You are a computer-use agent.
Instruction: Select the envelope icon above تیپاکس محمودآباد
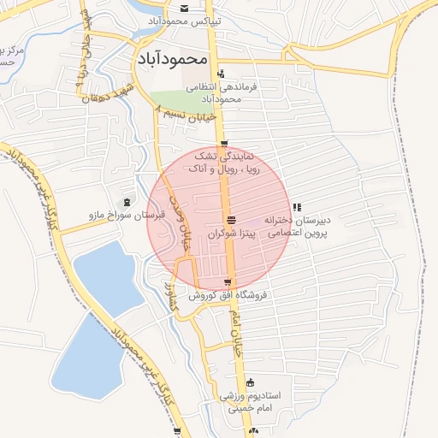point(185,7)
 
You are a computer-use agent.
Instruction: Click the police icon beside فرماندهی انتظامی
point(221,74)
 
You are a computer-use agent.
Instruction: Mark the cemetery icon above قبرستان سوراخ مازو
point(127,202)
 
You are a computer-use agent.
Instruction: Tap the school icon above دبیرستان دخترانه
point(296,207)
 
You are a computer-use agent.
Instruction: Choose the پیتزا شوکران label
point(232,234)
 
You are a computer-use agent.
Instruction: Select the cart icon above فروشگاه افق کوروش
point(227,281)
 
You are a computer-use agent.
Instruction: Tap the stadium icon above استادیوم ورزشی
point(250,382)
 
